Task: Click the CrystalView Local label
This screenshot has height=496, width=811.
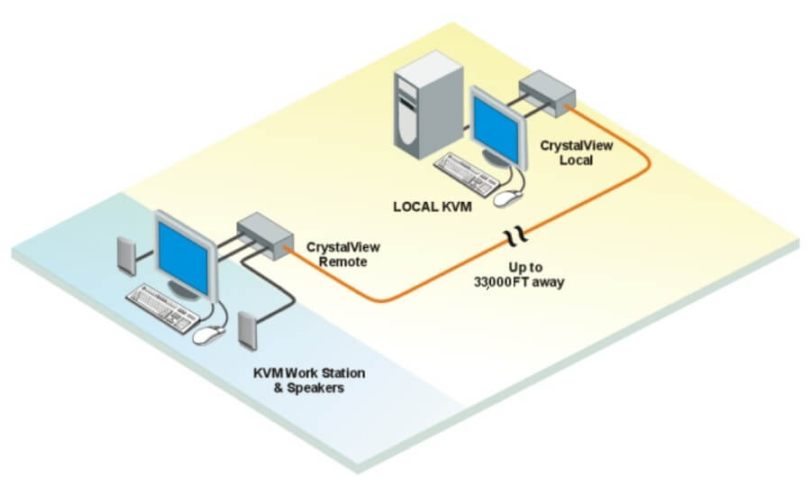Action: point(566,152)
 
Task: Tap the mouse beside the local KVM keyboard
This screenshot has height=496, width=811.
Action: point(512,196)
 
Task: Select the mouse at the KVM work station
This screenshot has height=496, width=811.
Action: point(208,335)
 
